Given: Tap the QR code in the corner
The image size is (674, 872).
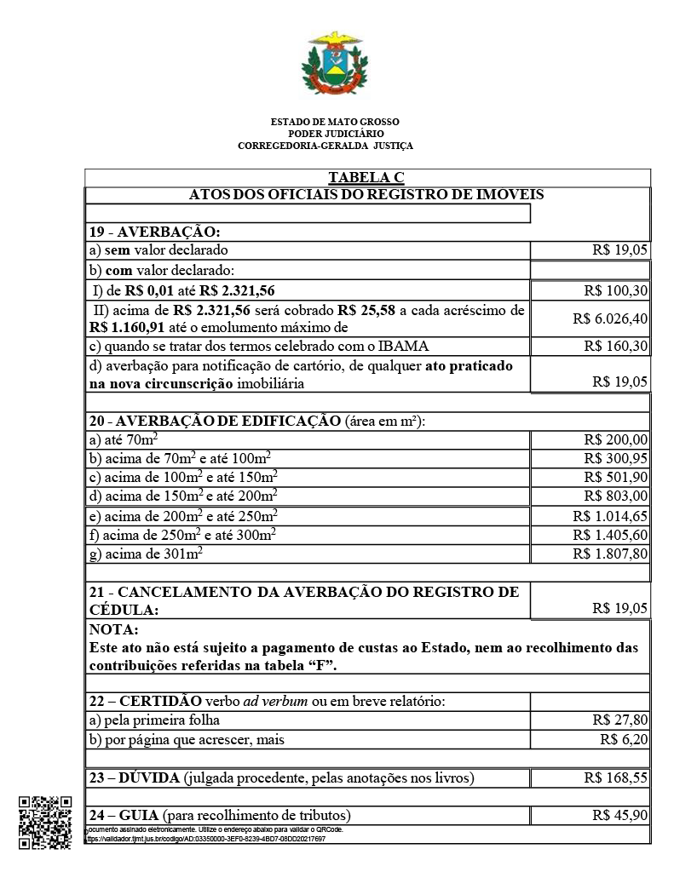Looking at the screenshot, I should tap(45, 822).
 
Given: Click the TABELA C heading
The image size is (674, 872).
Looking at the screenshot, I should tap(366, 177).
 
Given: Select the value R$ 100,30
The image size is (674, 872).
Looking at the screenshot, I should tap(616, 290).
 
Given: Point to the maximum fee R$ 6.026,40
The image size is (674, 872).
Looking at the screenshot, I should tap(610, 318).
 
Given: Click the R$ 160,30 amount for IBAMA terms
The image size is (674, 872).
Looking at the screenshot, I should tap(616, 346).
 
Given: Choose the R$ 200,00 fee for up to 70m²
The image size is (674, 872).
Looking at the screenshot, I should tap(616, 439).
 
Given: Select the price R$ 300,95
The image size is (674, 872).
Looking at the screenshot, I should tap(616, 458).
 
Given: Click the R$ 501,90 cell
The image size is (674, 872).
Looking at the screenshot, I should tap(616, 477).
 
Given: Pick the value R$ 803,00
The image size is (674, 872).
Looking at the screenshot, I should tap(616, 496).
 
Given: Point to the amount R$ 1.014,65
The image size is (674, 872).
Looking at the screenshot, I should tap(610, 515).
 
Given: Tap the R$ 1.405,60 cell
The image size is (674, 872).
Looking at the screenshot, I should tap(610, 535).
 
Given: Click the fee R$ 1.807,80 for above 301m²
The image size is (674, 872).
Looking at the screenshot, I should tap(610, 554).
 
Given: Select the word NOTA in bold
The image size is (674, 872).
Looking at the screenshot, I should tap(112, 630).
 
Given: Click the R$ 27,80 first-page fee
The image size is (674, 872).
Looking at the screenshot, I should tap(619, 720).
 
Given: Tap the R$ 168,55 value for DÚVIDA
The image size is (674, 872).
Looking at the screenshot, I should tap(616, 777).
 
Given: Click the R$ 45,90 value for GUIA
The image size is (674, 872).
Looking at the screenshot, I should tap(619, 815).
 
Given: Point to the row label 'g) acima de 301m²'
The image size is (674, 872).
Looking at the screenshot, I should tap(146, 554).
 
